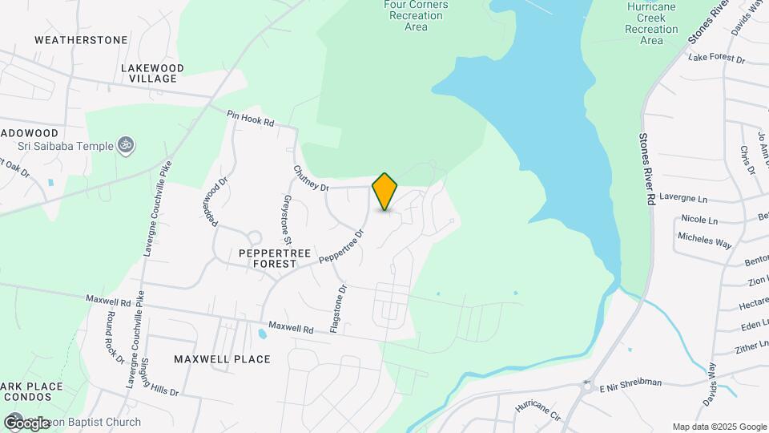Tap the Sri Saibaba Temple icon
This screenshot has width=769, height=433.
[x=124, y=145]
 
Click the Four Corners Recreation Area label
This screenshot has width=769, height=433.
[x=416, y=15]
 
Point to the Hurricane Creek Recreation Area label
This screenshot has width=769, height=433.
[x=652, y=23]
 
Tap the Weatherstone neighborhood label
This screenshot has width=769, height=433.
[x=81, y=39]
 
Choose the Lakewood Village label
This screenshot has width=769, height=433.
[x=152, y=73]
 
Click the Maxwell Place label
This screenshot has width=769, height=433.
[x=222, y=358]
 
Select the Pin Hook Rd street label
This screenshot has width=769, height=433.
[x=251, y=119]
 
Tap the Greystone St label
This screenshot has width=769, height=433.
[x=286, y=219]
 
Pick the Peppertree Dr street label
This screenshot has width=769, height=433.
[x=342, y=246]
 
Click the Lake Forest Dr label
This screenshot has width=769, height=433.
[x=717, y=59]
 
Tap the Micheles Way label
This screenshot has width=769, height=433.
[x=705, y=238]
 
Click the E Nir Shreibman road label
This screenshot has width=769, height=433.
[x=630, y=382]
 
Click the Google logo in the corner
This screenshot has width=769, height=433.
[x=26, y=423]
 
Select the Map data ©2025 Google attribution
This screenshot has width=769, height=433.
[x=719, y=427]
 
